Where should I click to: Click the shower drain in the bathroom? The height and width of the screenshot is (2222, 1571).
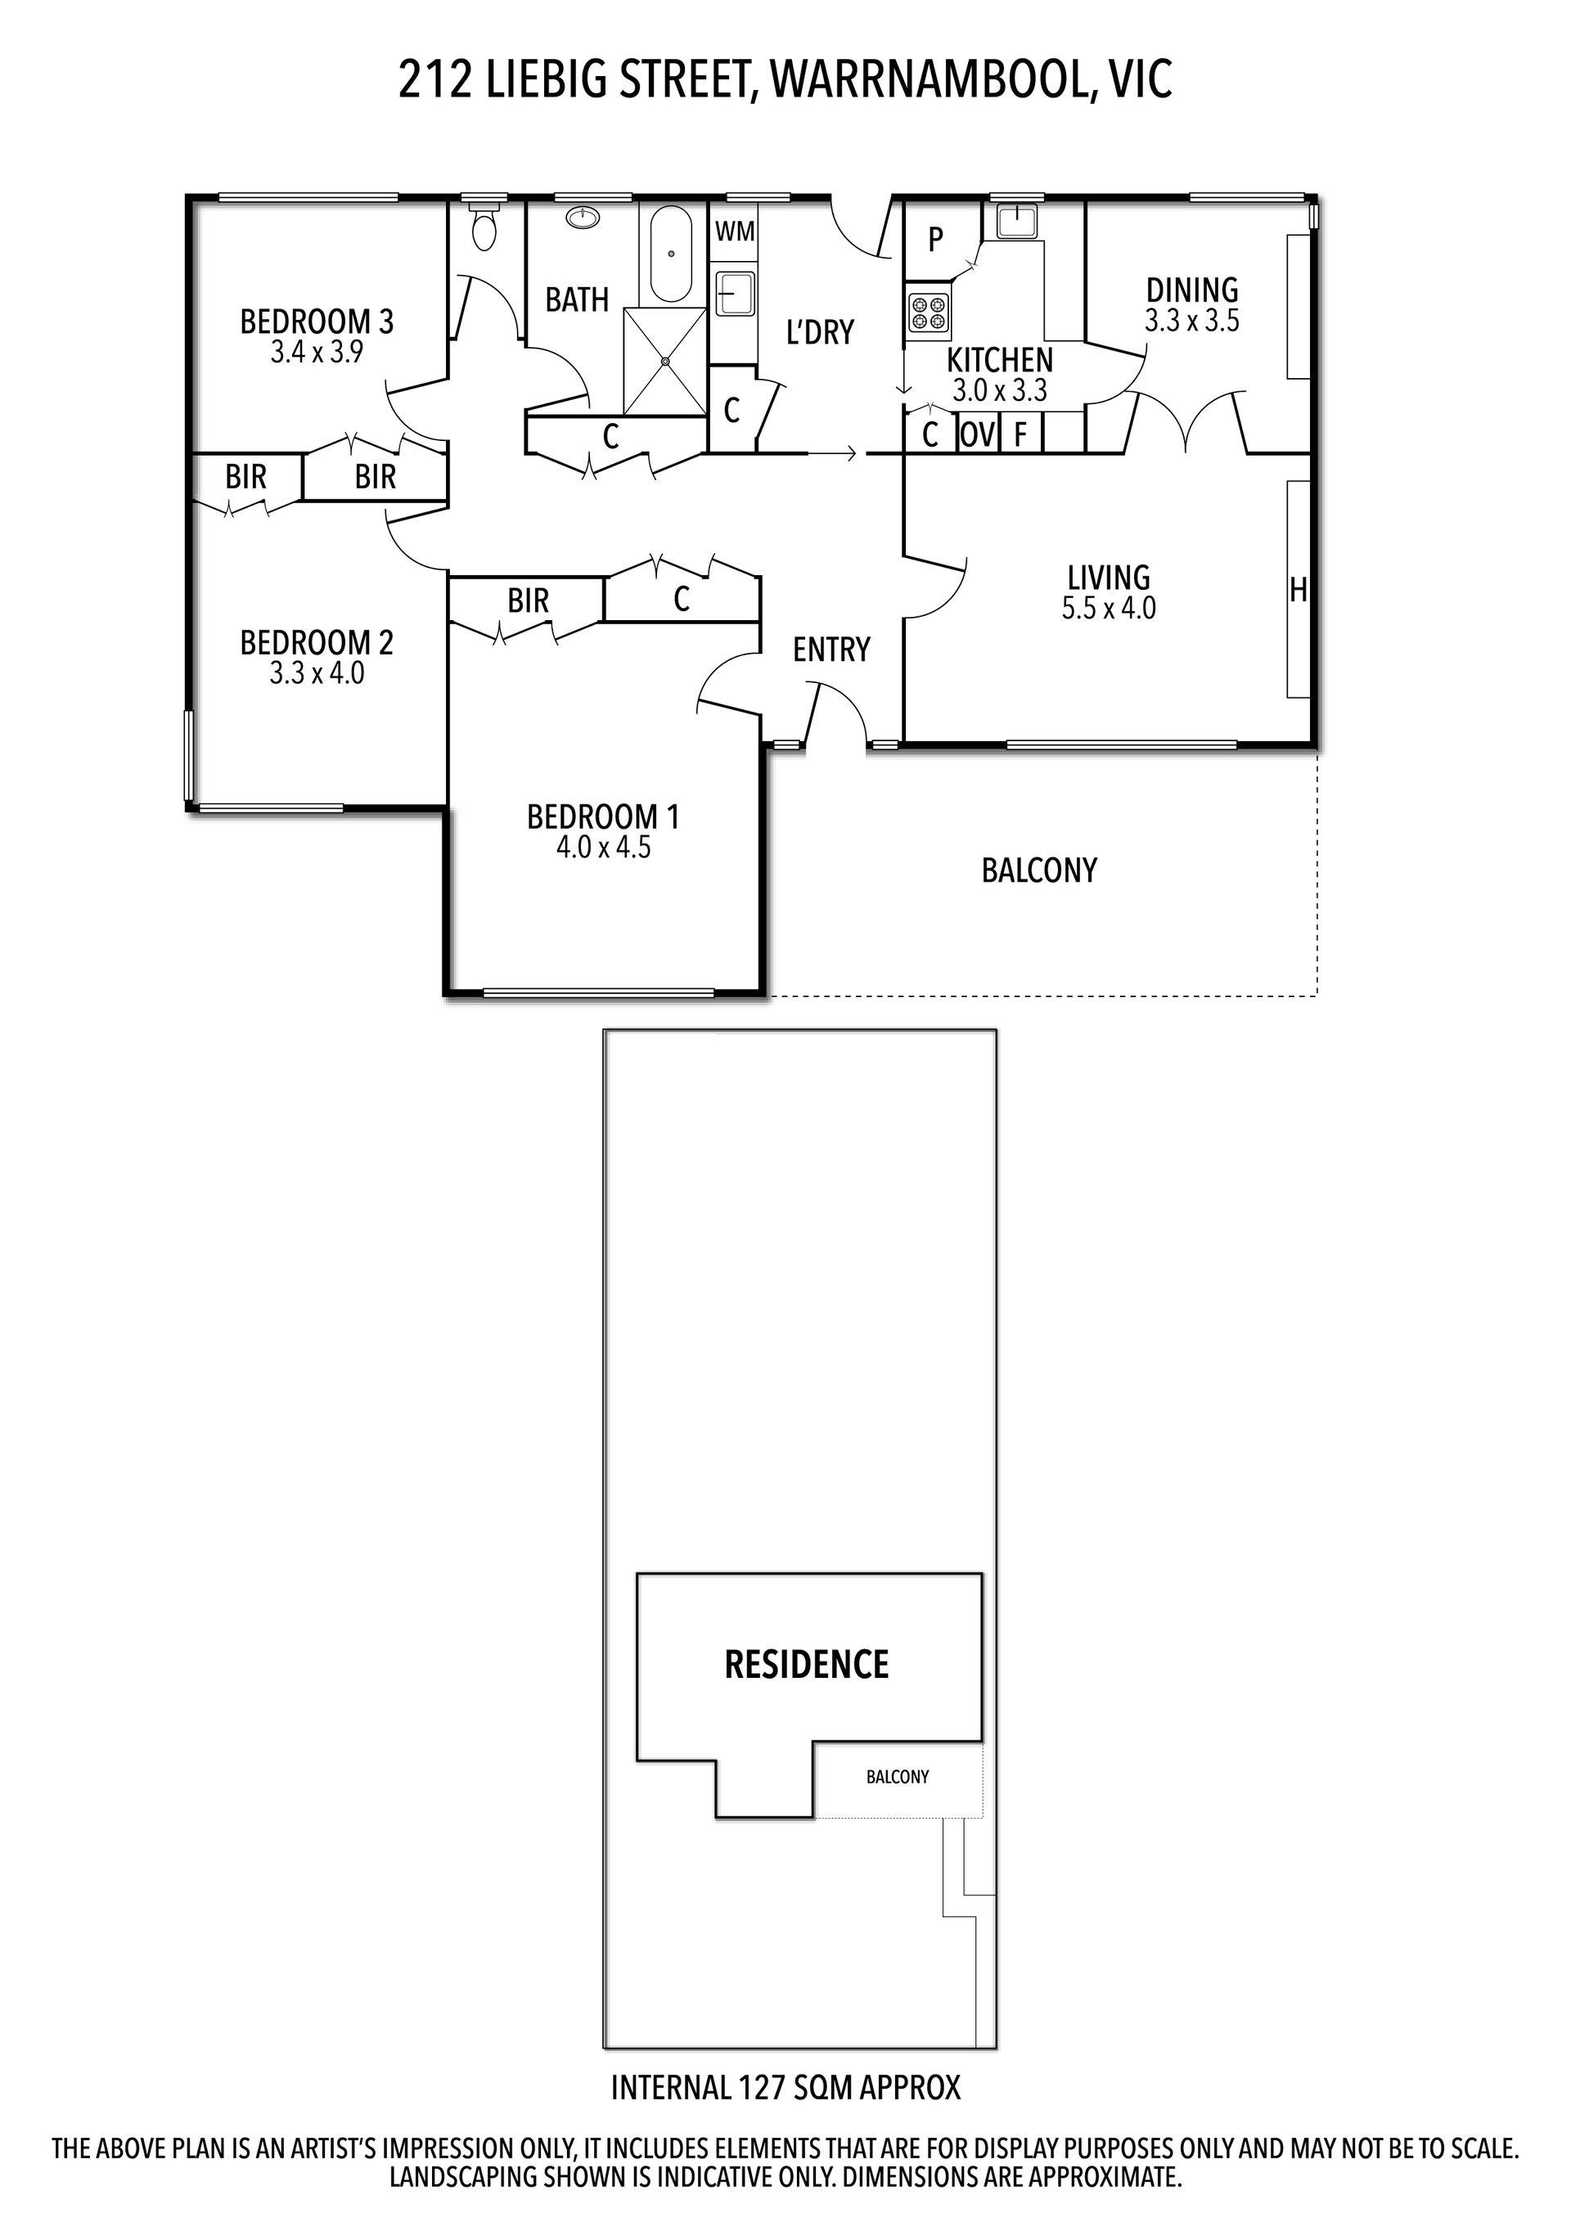(x=666, y=361)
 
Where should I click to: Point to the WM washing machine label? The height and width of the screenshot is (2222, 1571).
(x=735, y=232)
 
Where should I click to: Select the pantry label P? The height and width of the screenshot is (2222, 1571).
(x=935, y=239)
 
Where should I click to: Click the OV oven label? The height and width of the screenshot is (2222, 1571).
(x=978, y=435)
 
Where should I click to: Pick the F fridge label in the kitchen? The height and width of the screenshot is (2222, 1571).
(x=1020, y=435)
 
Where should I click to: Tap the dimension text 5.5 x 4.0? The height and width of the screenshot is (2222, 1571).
(x=1109, y=609)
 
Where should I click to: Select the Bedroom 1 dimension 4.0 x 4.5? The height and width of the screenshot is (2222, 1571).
(x=603, y=848)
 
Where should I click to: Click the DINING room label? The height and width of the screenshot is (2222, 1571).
(x=1192, y=290)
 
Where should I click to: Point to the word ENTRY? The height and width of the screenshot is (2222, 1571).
(x=831, y=650)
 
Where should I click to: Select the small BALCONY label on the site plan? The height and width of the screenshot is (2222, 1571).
(x=898, y=1777)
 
